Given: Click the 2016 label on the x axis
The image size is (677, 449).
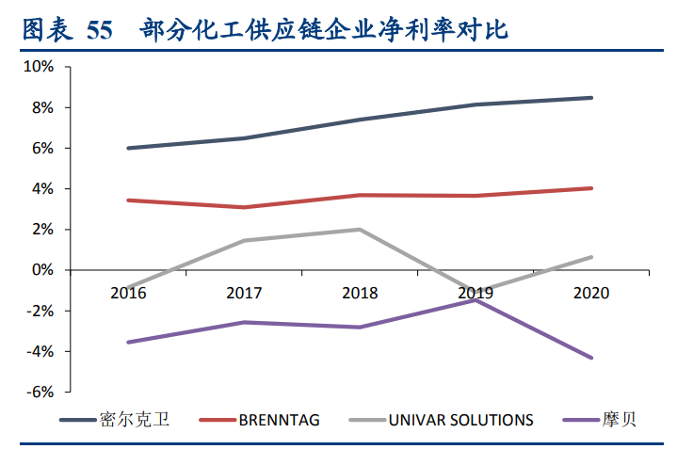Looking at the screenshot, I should click(128, 293).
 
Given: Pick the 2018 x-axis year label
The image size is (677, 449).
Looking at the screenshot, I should click(360, 293).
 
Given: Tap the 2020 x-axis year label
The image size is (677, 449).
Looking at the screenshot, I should click(591, 293).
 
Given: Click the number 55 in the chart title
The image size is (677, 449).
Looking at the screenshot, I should click(98, 30).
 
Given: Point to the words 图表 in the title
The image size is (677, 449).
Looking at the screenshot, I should click(45, 30).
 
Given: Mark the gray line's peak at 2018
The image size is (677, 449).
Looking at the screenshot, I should click(360, 229).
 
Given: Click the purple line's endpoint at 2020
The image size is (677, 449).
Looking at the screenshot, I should click(591, 358).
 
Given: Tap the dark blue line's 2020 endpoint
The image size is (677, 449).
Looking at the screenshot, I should click(591, 98).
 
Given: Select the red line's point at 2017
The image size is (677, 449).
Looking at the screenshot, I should click(244, 207).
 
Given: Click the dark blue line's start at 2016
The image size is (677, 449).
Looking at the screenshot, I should click(128, 148).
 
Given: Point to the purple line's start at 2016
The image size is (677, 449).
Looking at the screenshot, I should click(128, 342).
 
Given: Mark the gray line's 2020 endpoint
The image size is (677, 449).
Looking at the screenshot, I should click(591, 257).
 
